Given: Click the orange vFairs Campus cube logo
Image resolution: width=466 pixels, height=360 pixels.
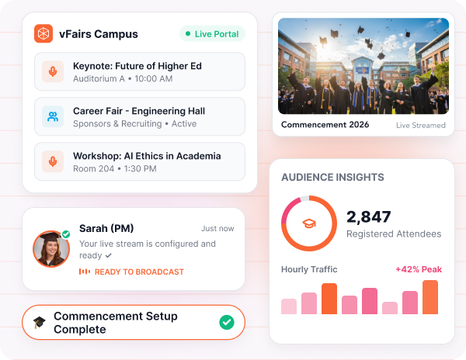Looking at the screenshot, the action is click(x=43, y=33).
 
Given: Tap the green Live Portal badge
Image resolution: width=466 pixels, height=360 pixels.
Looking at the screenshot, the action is click(x=212, y=34).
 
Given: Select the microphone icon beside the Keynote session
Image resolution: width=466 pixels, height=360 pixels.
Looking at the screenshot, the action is click(x=53, y=71).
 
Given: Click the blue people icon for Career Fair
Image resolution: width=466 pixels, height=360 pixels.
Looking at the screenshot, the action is click(x=53, y=116).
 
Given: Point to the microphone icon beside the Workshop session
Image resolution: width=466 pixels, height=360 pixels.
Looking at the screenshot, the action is click(x=53, y=161).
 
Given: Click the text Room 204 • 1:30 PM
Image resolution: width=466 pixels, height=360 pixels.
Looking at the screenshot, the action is click(x=115, y=168).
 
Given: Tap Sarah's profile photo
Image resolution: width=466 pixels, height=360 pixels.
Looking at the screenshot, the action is click(x=51, y=249).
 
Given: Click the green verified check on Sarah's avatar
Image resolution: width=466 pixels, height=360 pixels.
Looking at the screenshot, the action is click(x=66, y=234).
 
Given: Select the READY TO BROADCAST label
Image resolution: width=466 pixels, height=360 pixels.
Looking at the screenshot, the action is click(x=139, y=272).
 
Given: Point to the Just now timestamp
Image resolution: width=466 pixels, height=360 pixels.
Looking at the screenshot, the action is click(x=217, y=229).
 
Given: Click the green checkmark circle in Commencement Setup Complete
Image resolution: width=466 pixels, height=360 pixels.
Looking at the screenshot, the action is click(x=227, y=322).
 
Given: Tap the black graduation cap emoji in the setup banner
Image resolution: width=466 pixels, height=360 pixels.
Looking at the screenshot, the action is click(x=40, y=322).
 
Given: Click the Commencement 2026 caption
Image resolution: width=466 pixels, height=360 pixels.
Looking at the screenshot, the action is click(x=325, y=125).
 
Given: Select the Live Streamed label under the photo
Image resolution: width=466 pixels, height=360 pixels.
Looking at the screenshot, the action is click(x=421, y=125).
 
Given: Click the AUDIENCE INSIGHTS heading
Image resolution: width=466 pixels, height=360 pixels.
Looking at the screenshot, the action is click(x=332, y=177).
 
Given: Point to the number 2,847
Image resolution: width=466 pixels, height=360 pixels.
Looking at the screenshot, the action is click(x=368, y=216).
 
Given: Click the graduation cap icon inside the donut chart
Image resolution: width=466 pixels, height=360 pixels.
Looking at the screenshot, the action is click(x=309, y=223).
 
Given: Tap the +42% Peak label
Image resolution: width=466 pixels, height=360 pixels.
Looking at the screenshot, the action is click(x=419, y=269).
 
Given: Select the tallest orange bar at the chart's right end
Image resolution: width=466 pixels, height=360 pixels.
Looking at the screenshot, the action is click(x=430, y=297).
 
